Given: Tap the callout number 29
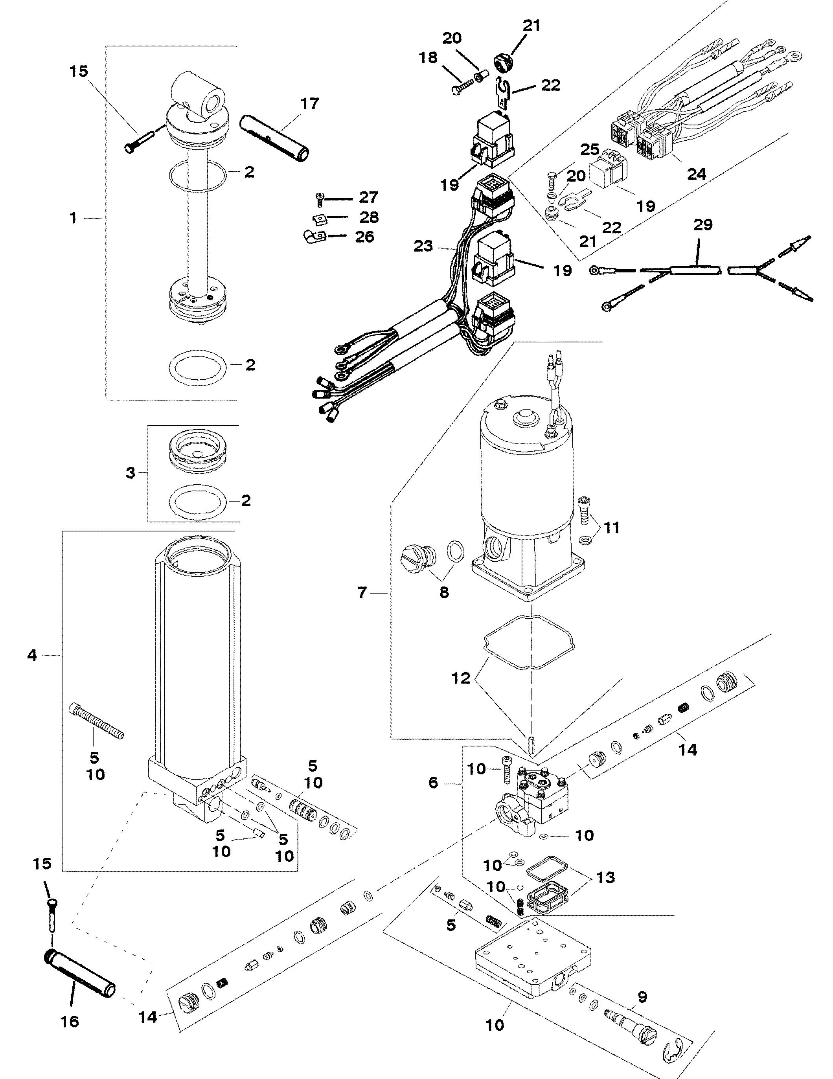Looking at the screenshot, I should (x=703, y=225).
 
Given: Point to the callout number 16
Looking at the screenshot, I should (x=70, y=1021).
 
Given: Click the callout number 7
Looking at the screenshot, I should (x=362, y=592).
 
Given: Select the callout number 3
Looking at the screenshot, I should (x=131, y=473).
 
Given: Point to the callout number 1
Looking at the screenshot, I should (x=74, y=218).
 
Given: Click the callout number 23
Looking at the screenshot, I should (x=423, y=246).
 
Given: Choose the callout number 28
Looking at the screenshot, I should (x=369, y=217).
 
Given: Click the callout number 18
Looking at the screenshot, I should (x=428, y=58).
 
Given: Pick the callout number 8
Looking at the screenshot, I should (x=444, y=592).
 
